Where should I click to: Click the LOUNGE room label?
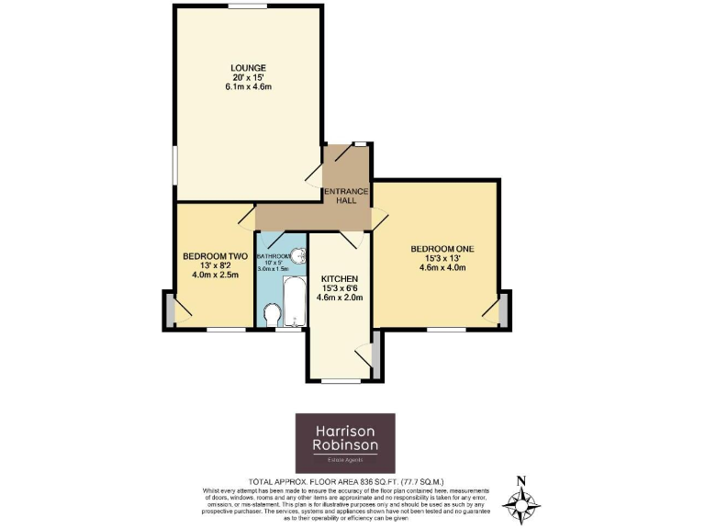click(x=248, y=68)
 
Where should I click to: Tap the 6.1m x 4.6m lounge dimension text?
click(x=248, y=87)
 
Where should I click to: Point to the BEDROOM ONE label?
click(x=442, y=249)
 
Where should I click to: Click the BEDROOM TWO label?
click(x=215, y=255)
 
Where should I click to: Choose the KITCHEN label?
click(x=339, y=278)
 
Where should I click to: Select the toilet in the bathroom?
click(x=273, y=316)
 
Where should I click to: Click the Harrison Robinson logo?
click(x=344, y=443)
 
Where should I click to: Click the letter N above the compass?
click(x=521, y=479)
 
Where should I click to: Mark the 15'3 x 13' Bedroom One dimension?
click(x=442, y=258)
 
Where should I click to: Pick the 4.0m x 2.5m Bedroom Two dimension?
click(x=215, y=274)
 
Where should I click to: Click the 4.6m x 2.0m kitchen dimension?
click(x=339, y=297)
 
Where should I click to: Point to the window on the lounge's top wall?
click(x=248, y=6)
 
